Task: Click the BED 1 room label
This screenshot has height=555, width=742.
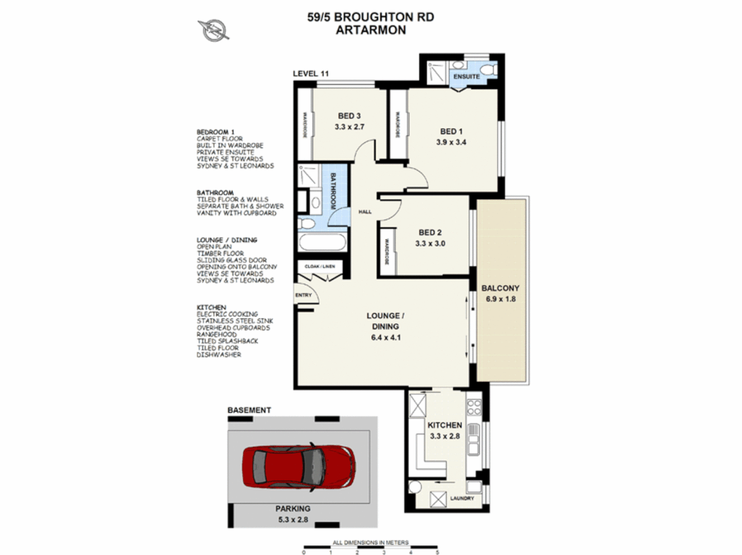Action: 451,132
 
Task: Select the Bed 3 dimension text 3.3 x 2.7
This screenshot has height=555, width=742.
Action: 349,127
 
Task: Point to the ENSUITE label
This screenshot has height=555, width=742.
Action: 466,77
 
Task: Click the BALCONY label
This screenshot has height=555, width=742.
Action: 500,288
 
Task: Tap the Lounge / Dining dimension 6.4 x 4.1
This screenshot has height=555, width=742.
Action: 385,338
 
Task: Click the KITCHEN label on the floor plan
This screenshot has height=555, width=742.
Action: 444,425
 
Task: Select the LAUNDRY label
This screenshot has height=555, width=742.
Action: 462,498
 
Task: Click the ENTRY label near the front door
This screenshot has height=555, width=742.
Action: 303,295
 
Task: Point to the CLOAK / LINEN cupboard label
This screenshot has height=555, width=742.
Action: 320,267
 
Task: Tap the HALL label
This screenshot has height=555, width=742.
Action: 365,212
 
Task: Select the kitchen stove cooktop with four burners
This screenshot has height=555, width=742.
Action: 474,408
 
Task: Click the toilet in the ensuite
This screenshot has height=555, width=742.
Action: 490,69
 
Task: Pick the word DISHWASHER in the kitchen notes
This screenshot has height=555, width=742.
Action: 219,355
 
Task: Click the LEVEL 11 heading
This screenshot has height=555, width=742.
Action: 310,73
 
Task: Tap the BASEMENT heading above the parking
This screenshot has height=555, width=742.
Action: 249,410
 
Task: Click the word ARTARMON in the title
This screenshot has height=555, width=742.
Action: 370,30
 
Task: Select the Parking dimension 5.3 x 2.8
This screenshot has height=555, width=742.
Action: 293,520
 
